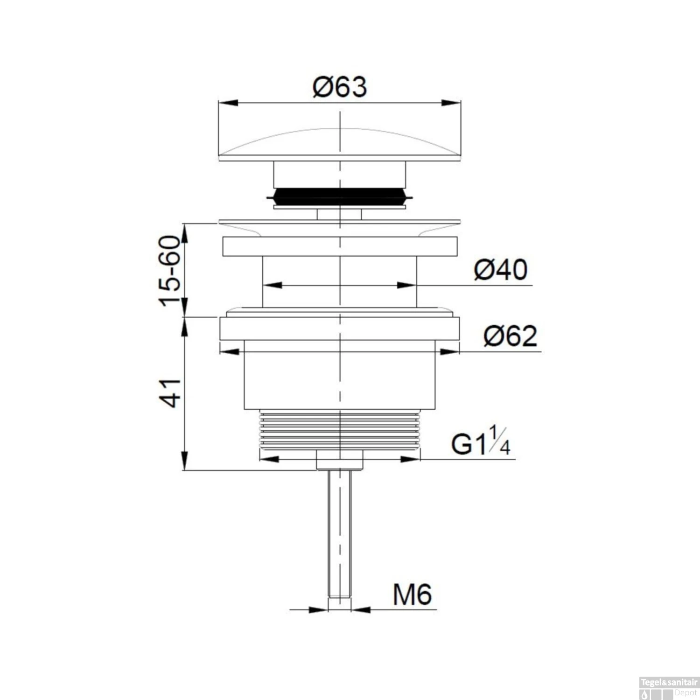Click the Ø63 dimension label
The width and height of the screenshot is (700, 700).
(x=340, y=87)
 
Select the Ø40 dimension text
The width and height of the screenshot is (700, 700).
(x=501, y=270)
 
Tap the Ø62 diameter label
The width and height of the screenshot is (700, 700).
(x=510, y=336)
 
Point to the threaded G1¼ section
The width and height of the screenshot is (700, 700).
(x=340, y=429)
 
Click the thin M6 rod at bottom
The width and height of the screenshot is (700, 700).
(x=339, y=532)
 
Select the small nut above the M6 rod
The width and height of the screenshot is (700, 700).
(x=339, y=460)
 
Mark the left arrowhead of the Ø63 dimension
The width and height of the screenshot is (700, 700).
(x=227, y=103)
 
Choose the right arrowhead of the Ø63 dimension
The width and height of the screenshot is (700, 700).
(x=451, y=103)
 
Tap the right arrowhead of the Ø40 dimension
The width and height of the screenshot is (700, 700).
(x=406, y=285)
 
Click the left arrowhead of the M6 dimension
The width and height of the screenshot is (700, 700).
(x=318, y=609)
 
